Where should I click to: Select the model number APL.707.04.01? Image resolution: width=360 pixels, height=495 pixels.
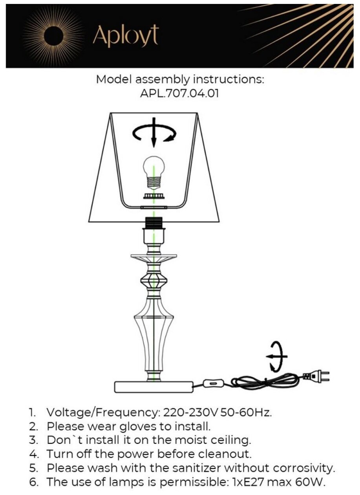[180, 95]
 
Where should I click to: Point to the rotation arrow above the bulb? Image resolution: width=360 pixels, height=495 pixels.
[154, 134]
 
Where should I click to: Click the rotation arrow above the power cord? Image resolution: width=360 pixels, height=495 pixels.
[276, 356]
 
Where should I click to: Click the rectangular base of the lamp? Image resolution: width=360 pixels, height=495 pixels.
[154, 387]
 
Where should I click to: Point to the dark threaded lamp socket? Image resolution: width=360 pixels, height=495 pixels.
[154, 222]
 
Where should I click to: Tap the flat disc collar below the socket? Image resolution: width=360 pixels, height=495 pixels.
[154, 258]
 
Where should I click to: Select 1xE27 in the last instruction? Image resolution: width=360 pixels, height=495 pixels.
[255, 481]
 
